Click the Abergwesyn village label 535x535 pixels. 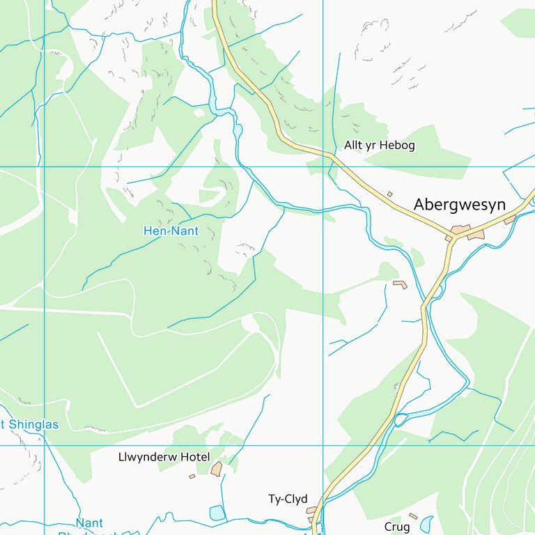(459, 205)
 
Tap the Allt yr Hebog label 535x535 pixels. (379, 146)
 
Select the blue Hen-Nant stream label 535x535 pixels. (171, 231)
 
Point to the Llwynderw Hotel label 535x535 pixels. (164, 457)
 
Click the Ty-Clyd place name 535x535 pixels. (288, 499)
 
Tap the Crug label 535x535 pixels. (397, 527)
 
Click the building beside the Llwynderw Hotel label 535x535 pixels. (217, 469)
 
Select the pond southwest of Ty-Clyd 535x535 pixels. (218, 513)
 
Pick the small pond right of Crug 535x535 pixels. (426, 523)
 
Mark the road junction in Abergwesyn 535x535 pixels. (453, 238)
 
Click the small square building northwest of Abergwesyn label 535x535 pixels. (389, 194)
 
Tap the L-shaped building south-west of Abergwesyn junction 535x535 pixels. (400, 284)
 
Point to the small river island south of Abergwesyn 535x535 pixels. (401, 419)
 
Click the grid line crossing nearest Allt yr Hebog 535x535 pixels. (323, 166)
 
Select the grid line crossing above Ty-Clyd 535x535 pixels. (323, 445)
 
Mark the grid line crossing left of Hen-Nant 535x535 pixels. (45, 166)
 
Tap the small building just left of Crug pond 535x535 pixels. (413, 516)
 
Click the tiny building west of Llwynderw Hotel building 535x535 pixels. (192, 476)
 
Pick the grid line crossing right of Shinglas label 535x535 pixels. (45, 445)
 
